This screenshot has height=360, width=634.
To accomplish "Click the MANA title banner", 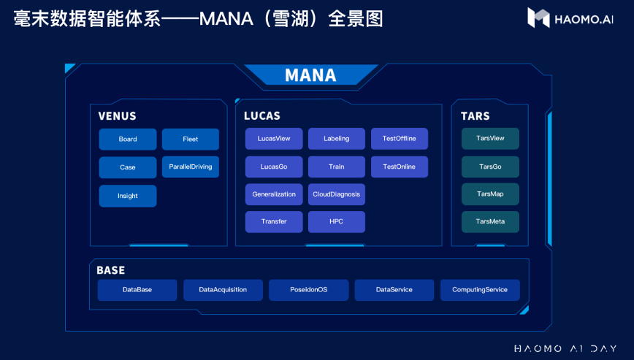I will click(x=310, y=75).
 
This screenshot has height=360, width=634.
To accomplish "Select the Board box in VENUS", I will click(x=128, y=139).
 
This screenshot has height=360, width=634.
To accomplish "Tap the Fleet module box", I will click(x=191, y=139).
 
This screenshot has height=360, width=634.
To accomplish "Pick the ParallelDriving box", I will click(x=191, y=166).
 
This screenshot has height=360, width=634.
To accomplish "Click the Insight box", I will click(x=128, y=196).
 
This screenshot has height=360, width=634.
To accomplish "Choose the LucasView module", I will click(x=274, y=139).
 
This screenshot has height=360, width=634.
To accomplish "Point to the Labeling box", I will click(x=337, y=139).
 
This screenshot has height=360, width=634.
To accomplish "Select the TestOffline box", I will click(x=399, y=139).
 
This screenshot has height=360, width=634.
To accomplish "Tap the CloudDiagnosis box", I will click(x=337, y=194).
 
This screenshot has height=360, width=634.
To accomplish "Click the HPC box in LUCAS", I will click(x=337, y=221).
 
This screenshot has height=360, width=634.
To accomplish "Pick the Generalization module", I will click(x=274, y=194).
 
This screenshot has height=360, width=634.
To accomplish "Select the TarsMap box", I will click(x=490, y=194).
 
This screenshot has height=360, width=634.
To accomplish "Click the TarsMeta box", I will click(x=490, y=221).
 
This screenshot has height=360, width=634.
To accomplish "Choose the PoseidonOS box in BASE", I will click(x=308, y=290).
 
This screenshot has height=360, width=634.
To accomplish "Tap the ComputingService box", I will click(x=480, y=290).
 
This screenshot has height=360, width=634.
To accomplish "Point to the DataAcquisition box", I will click(x=223, y=290).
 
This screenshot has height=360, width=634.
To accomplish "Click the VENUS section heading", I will click(x=117, y=116).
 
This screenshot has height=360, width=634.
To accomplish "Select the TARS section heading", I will click(x=475, y=116).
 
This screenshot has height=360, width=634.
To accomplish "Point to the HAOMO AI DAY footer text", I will click(x=565, y=348).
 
